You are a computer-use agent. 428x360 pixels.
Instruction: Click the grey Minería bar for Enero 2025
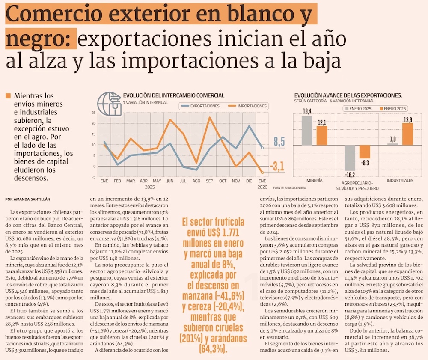tap(307, 130)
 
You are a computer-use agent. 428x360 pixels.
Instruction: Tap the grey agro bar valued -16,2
tap(350, 158)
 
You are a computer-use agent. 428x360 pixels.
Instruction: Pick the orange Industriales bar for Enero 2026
tap(407, 134)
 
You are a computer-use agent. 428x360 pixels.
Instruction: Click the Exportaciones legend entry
tap(201, 106)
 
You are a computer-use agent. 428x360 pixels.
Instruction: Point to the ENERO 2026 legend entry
tap(392, 109)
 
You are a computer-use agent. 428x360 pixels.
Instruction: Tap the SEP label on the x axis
tap(210, 181)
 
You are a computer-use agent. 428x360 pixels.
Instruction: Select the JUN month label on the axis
tap(170, 181)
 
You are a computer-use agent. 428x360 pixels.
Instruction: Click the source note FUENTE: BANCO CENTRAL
tap(290, 188)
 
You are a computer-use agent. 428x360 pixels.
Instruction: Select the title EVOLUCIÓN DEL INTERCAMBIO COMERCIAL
tap(173, 95)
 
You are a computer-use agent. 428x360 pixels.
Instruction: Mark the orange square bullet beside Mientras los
tap(8, 96)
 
